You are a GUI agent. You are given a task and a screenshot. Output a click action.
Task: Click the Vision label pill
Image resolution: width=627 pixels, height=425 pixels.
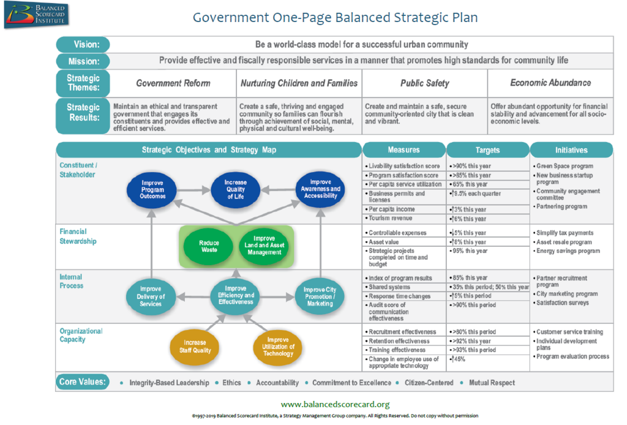[x=83, y=44]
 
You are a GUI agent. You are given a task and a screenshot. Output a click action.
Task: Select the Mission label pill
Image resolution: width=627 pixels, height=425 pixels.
[x=83, y=61]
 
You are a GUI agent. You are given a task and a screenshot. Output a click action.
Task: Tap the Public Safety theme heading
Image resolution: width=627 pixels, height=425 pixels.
[x=424, y=83]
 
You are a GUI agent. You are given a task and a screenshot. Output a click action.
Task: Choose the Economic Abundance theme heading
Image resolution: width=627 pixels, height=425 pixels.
[x=550, y=83]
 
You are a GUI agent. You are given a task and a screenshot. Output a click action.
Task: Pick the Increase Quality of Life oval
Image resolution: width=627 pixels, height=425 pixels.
[x=235, y=189]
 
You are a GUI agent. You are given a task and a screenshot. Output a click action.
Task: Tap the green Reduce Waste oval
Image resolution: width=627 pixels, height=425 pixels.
[x=209, y=246]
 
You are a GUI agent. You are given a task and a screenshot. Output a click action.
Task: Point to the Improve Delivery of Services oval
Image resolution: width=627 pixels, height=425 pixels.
[x=151, y=296]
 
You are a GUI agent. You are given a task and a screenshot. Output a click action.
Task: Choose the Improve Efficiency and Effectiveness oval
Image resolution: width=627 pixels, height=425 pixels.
[x=236, y=295]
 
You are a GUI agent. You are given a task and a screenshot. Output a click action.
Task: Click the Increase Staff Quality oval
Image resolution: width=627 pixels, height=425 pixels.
[x=195, y=347]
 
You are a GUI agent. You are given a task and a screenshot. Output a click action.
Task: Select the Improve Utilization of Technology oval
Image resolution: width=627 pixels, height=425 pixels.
[x=278, y=347]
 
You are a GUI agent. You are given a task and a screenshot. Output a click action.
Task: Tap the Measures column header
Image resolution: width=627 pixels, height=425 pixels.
[x=404, y=150]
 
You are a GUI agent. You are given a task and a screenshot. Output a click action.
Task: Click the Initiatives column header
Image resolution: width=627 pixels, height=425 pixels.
[x=571, y=150]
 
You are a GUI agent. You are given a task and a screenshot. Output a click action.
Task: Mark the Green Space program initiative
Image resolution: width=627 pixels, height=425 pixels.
[x=565, y=167]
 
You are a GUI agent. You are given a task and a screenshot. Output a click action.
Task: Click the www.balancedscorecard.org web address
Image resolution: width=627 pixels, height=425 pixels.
[x=335, y=404]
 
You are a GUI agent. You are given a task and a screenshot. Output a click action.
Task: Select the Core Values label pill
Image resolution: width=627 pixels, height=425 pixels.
[x=83, y=382]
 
